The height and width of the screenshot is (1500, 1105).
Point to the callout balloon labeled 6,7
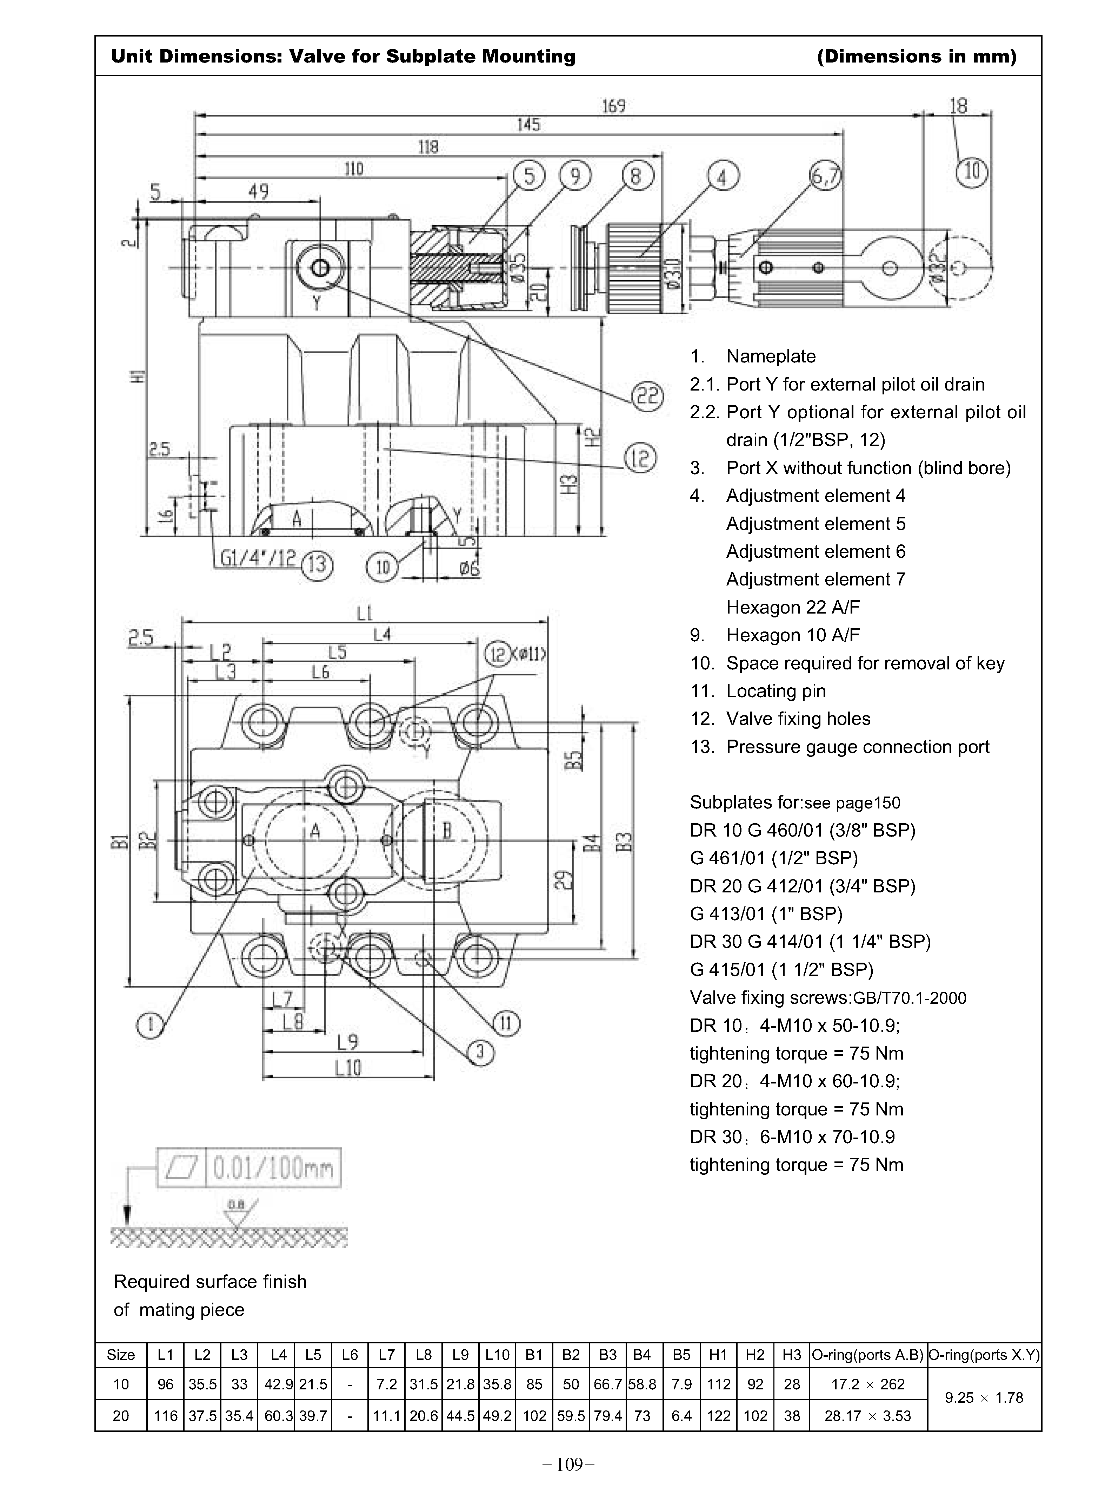[825, 177]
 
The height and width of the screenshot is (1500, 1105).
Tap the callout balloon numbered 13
[317, 565]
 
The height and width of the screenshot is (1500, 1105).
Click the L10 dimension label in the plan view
[348, 1068]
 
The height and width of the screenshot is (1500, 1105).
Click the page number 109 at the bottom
[568, 1465]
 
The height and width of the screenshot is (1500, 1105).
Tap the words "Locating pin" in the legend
[776, 691]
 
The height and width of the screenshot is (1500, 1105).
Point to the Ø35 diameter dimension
[520, 264]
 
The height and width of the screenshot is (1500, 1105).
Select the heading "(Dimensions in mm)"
[916, 56]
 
